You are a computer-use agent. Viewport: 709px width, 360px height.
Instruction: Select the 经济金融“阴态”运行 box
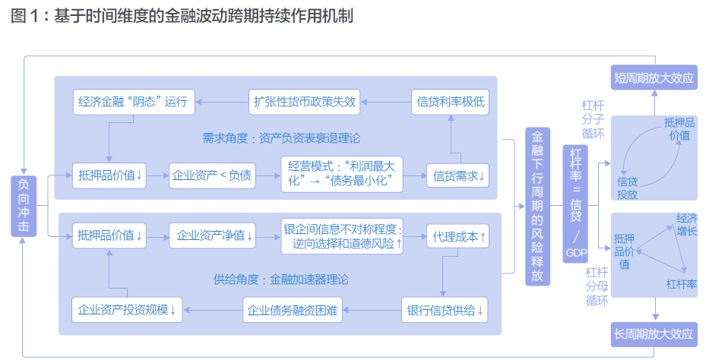134,101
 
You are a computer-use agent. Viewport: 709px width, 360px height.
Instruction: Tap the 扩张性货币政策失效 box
304,101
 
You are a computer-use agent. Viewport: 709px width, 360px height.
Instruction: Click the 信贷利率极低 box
451,101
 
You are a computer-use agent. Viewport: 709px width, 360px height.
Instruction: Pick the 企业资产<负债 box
212,175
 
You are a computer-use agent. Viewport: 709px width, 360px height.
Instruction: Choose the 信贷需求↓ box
458,175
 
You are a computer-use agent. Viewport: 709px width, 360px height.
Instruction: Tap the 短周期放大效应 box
654,77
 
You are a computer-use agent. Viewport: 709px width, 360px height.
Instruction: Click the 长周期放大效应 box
654,333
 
